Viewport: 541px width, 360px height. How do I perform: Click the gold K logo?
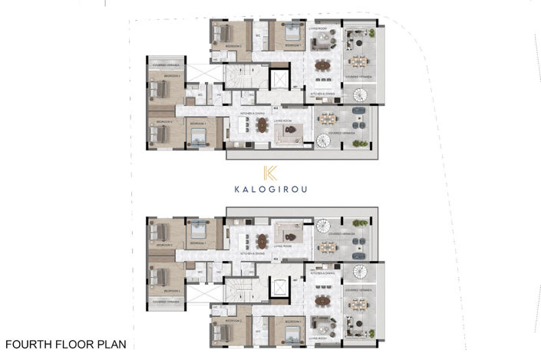point(270,173)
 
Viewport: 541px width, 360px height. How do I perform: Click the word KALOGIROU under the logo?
point(270,189)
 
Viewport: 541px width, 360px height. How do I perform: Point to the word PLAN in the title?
point(112,345)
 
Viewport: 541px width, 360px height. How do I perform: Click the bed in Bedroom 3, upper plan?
point(160,88)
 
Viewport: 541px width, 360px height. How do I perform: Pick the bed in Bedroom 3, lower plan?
point(160,279)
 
